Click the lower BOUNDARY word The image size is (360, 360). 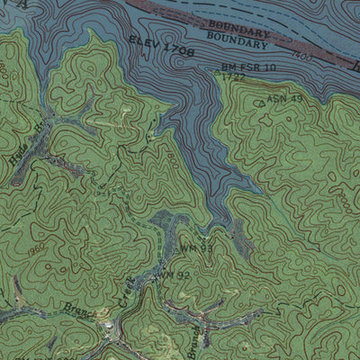coord(238,41)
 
